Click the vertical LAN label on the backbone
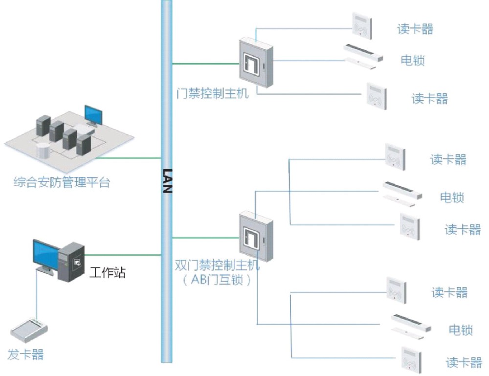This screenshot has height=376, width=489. coord(167,181)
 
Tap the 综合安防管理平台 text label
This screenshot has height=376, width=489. coord(62,184)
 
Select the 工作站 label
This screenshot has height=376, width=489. coord(108,272)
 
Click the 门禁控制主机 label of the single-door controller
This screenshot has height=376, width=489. coord(212,93)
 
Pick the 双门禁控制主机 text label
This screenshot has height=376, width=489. coord(217,266)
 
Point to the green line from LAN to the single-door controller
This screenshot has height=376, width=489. coord(205,63)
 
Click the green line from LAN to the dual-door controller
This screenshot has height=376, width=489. coord(205,238)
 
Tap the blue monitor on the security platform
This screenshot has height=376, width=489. coord(93,115)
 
